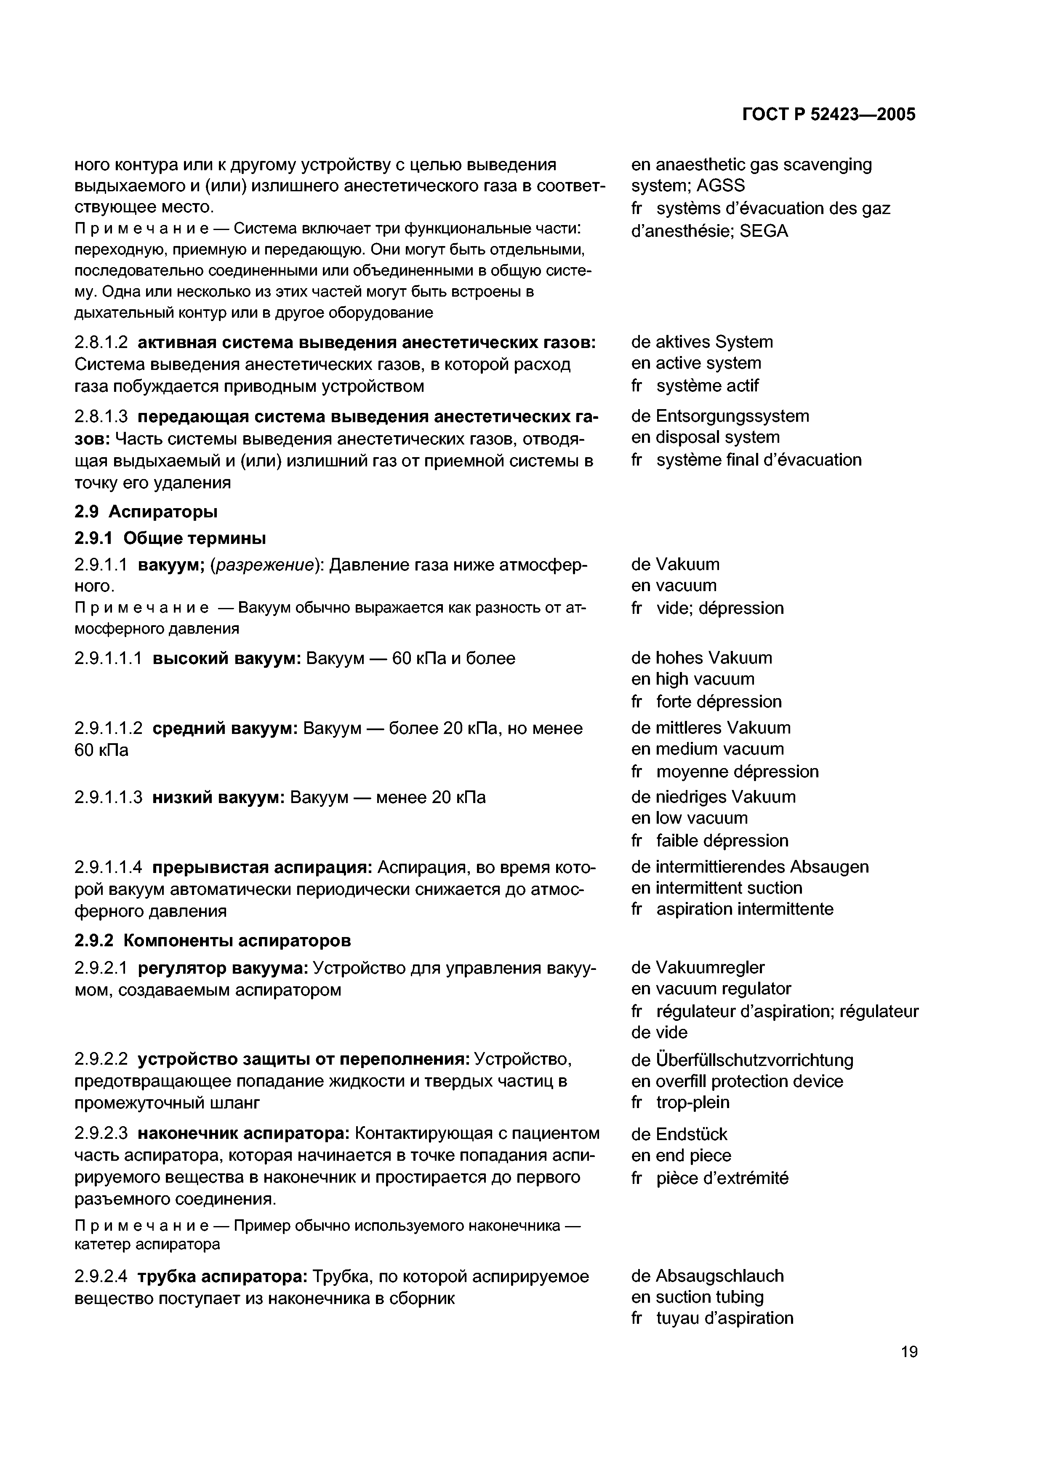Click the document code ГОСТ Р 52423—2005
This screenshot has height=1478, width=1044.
pyautogui.click(x=828, y=115)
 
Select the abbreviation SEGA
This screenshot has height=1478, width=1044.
pyautogui.click(x=764, y=231)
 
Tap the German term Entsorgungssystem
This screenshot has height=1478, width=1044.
pyautogui.click(x=732, y=416)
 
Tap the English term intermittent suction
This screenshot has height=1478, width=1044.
pyautogui.click(x=729, y=888)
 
